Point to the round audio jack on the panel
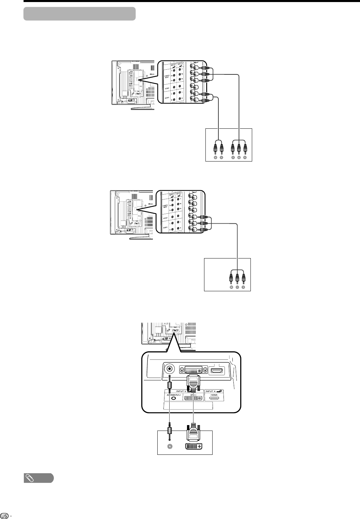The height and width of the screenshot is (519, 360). tap(170, 369)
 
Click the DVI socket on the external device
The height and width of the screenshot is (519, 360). tap(193, 446)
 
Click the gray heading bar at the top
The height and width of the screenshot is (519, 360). tap(80, 14)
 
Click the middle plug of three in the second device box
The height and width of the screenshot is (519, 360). tap(237, 278)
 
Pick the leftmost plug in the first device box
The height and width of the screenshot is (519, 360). tap(215, 148)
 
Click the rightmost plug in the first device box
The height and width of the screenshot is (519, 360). tap(245, 148)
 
